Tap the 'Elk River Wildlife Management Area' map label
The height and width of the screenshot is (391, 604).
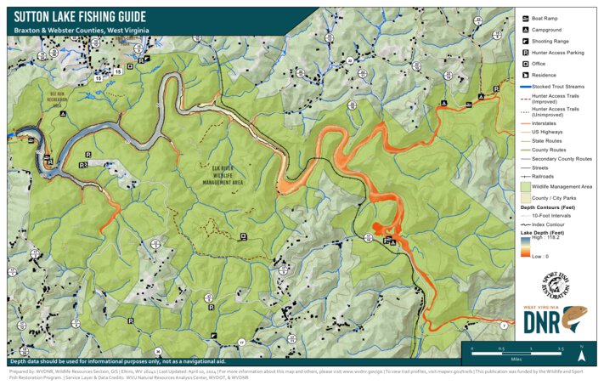point(223,174)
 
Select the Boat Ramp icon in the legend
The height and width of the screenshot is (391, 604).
point(526,19)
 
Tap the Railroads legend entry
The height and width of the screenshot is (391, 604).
point(525,177)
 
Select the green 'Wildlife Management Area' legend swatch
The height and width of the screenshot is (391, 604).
point(525,186)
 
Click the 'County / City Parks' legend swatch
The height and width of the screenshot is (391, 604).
point(525,197)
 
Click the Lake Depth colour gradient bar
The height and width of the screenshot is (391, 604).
point(524,246)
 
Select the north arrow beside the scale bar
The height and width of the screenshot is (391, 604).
point(581,348)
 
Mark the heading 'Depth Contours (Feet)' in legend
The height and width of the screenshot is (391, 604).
point(549,207)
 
